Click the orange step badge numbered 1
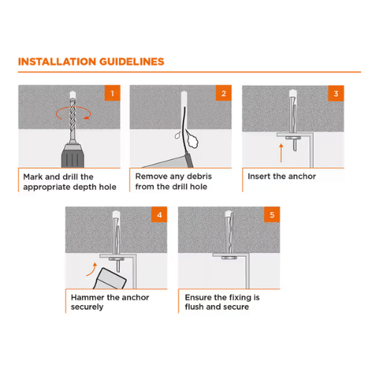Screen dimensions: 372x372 coord(112,93)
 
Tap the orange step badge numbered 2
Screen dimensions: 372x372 coord(224,93)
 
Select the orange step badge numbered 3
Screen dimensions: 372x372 coord(336,94)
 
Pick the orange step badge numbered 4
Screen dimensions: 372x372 coord(159,214)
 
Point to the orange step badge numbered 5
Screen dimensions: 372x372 coord(272,214)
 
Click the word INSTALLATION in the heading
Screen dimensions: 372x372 coord(57,62)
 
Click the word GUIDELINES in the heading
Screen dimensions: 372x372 coord(132,62)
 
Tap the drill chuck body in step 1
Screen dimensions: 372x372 coord(73,155)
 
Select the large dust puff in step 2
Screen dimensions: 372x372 coord(192,141)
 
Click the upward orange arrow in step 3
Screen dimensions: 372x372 coord(281,153)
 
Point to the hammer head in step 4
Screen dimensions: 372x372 coord(110,279)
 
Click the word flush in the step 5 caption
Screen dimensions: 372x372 coord(194,307)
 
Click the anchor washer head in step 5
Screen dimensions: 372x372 coord(229,258)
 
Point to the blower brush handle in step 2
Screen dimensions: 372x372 coord(189,160)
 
